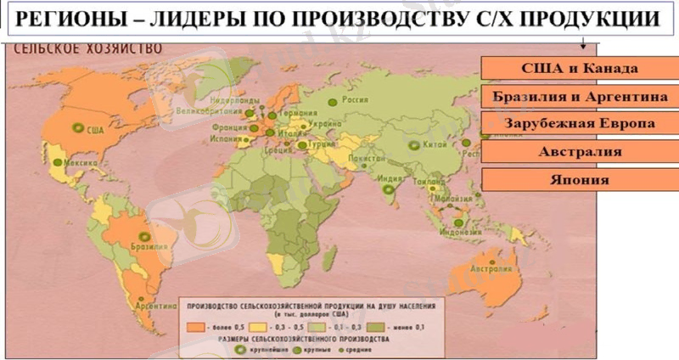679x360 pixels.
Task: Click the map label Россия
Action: tap(354, 98)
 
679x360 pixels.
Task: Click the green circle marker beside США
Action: tap(80, 130)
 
